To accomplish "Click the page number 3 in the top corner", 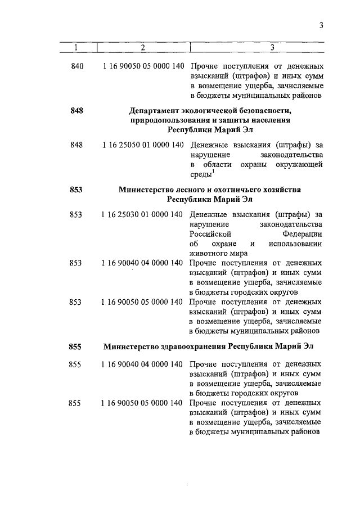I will (x=321, y=26).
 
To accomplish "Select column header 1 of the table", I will (x=77, y=47).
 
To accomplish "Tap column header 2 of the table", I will (x=143, y=47).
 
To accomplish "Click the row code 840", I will (x=77, y=66).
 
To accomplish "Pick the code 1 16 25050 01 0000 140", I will (x=143, y=145).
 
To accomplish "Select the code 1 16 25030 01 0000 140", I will (x=143, y=214).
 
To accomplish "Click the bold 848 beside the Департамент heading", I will (x=77, y=111).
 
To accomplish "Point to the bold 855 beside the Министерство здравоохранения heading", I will (x=76, y=346).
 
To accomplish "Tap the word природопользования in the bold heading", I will (x=169, y=120).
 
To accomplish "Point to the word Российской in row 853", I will (x=207, y=233).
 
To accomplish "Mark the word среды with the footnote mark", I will (x=199, y=174).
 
